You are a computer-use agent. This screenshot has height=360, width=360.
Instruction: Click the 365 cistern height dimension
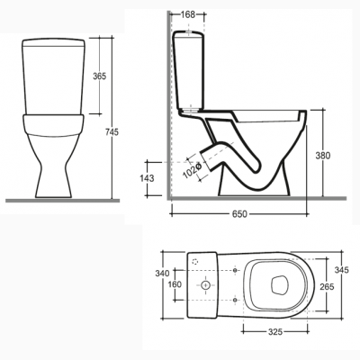[x=99, y=76]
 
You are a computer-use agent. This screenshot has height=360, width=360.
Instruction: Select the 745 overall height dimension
[x=112, y=131]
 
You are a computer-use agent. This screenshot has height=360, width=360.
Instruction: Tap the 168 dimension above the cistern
[x=188, y=14]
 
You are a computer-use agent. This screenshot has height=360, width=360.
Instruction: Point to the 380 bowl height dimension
[x=323, y=156]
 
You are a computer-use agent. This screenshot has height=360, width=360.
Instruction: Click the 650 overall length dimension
[x=239, y=214]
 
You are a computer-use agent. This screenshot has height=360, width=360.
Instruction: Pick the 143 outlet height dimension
[x=147, y=178]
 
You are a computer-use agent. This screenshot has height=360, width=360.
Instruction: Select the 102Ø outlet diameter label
[x=192, y=170]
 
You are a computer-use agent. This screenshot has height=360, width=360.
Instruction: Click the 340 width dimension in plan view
[x=162, y=274]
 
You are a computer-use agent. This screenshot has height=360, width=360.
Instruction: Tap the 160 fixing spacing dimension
[x=175, y=284]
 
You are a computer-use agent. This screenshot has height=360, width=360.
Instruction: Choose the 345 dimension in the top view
[x=342, y=270]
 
